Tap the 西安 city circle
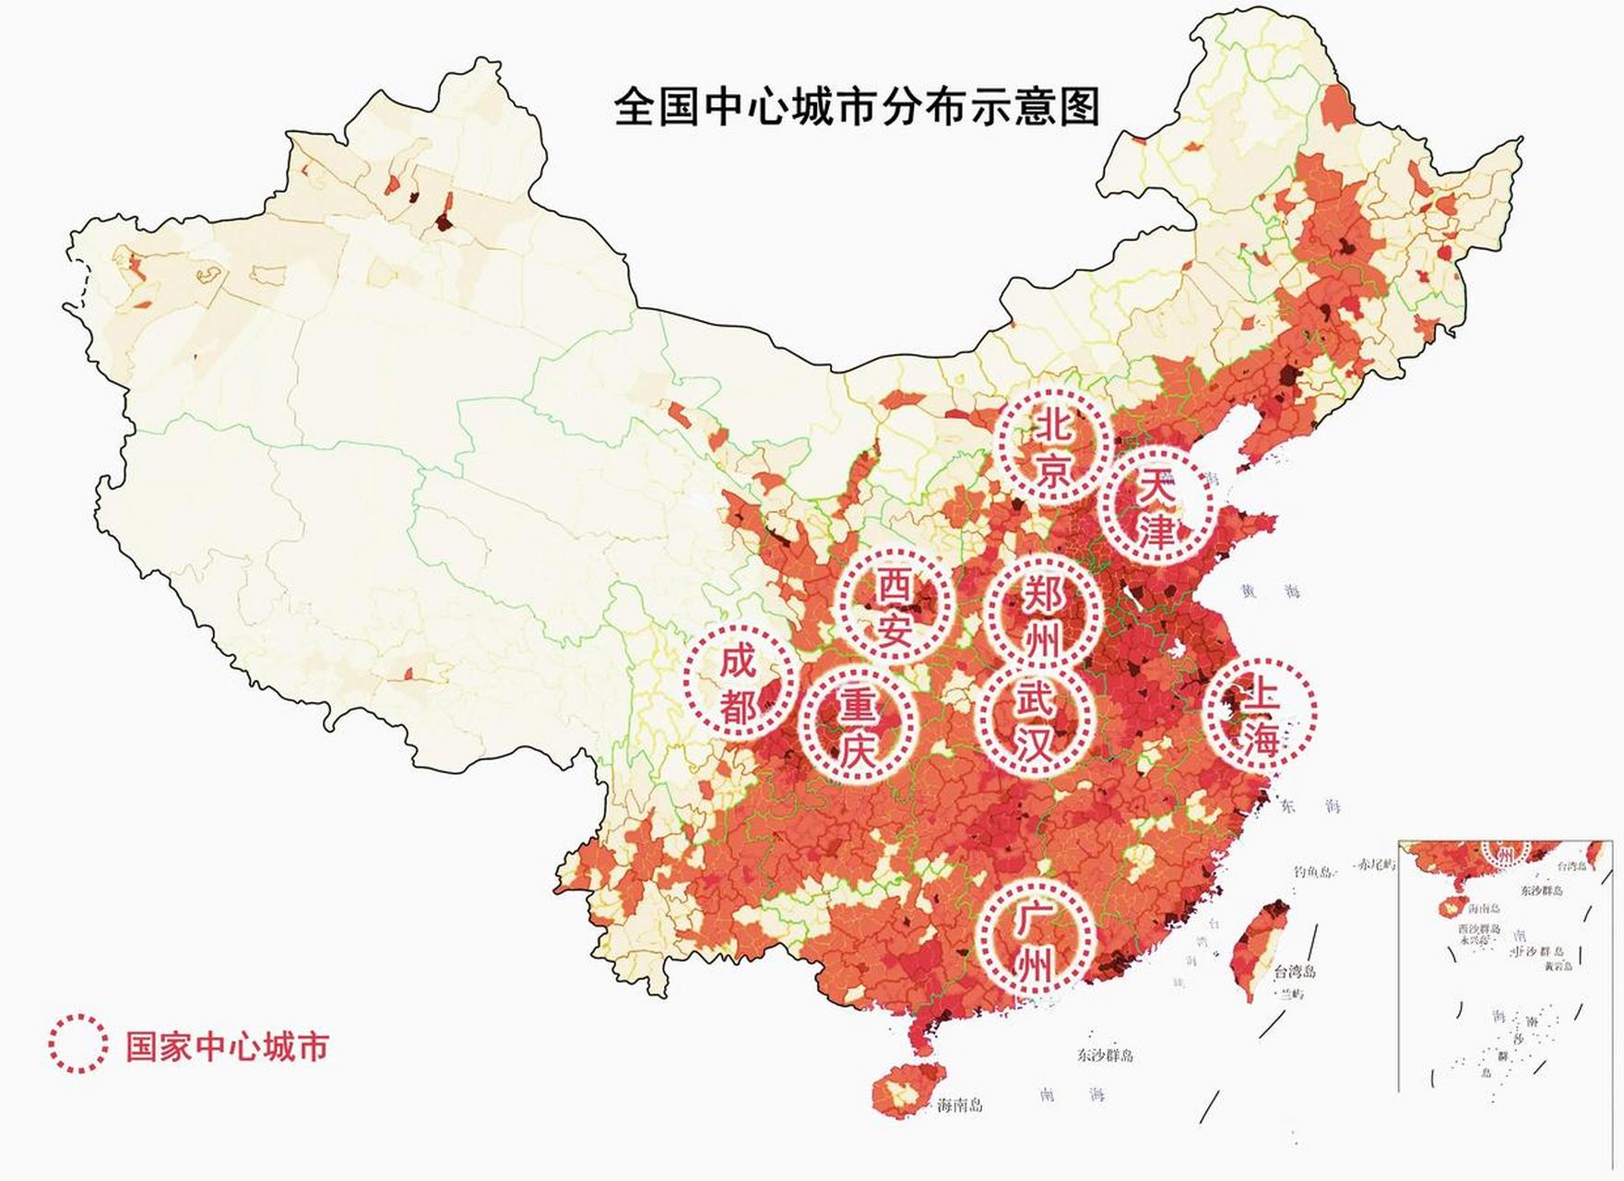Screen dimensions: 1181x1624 [x=894, y=605]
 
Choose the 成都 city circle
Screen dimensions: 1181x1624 [x=739, y=682]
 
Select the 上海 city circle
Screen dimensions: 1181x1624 [x=1261, y=711]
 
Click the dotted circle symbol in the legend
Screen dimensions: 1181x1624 [x=77, y=1044]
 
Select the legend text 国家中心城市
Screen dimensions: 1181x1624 [x=227, y=1046]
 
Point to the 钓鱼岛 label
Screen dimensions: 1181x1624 [x=1313, y=871]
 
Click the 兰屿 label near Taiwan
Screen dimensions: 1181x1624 [x=1291, y=993]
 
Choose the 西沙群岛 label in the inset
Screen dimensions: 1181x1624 [x=1479, y=929]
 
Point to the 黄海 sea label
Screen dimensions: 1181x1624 [x=1273, y=591]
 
